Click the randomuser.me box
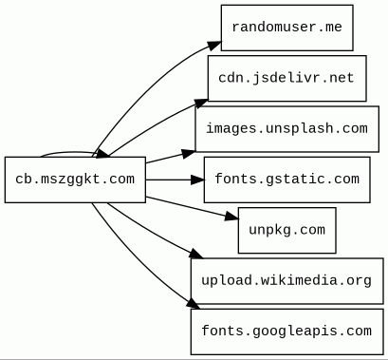[x=286, y=28]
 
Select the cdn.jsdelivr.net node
[x=287, y=78]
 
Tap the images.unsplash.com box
[x=287, y=129]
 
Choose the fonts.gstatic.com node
[x=287, y=180]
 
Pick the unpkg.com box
[x=287, y=230]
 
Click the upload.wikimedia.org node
[x=287, y=281]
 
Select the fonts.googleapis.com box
[x=287, y=332]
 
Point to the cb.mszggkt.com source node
[x=75, y=180]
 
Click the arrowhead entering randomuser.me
[x=214, y=45]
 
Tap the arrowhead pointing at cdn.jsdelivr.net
[x=201, y=104]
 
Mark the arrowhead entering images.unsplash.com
[x=189, y=153]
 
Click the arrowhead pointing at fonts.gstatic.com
[x=198, y=180]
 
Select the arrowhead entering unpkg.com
[x=231, y=217]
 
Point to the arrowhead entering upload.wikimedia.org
[x=196, y=254]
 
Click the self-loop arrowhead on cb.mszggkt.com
[x=102, y=154]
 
